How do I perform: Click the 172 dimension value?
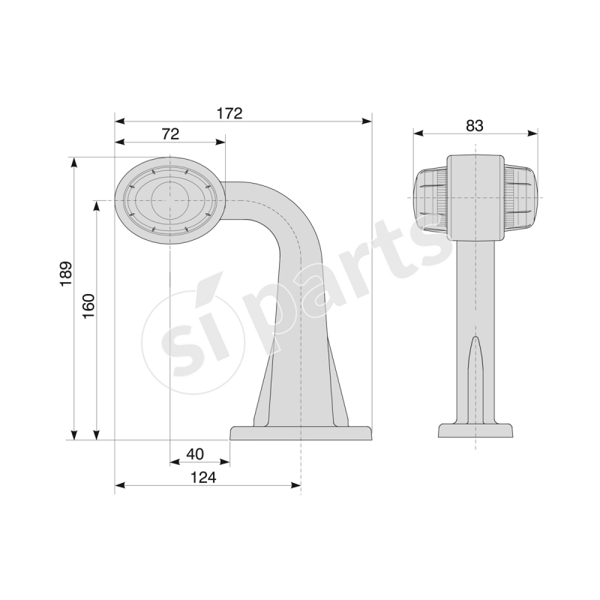pyautogui.click(x=229, y=113)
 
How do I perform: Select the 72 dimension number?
pyautogui.click(x=170, y=134)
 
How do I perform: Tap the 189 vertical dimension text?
pyautogui.click(x=66, y=274)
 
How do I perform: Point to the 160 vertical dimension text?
pyautogui.click(x=88, y=306)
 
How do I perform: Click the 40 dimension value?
pyautogui.click(x=195, y=454)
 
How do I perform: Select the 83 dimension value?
pyautogui.click(x=474, y=125)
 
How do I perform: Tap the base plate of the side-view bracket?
pyautogui.click(x=301, y=433)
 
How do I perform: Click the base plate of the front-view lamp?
pyautogui.click(x=475, y=430)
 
